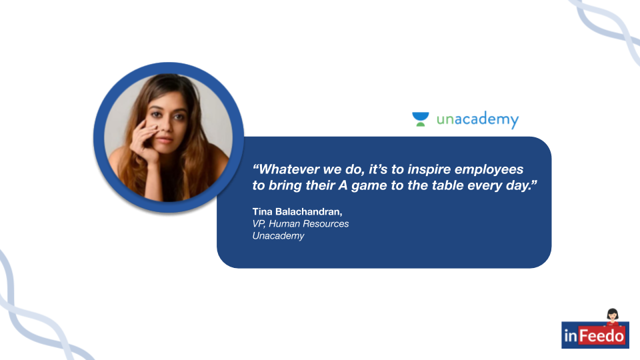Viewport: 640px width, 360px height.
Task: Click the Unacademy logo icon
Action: click(421, 119)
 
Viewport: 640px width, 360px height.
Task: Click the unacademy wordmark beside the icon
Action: click(477, 119)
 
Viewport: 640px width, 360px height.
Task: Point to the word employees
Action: click(489, 170)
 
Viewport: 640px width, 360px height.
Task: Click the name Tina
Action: click(262, 211)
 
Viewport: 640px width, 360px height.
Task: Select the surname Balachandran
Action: click(309, 212)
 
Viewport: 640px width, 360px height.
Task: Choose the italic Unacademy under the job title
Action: click(278, 236)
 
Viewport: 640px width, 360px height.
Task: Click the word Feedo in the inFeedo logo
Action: click(601, 336)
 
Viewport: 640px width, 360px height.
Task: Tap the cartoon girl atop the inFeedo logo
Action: click(612, 317)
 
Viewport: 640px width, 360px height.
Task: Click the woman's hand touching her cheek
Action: click(144, 141)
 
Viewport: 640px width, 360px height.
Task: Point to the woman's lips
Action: click(164, 140)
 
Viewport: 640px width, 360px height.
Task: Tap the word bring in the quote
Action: click(285, 186)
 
